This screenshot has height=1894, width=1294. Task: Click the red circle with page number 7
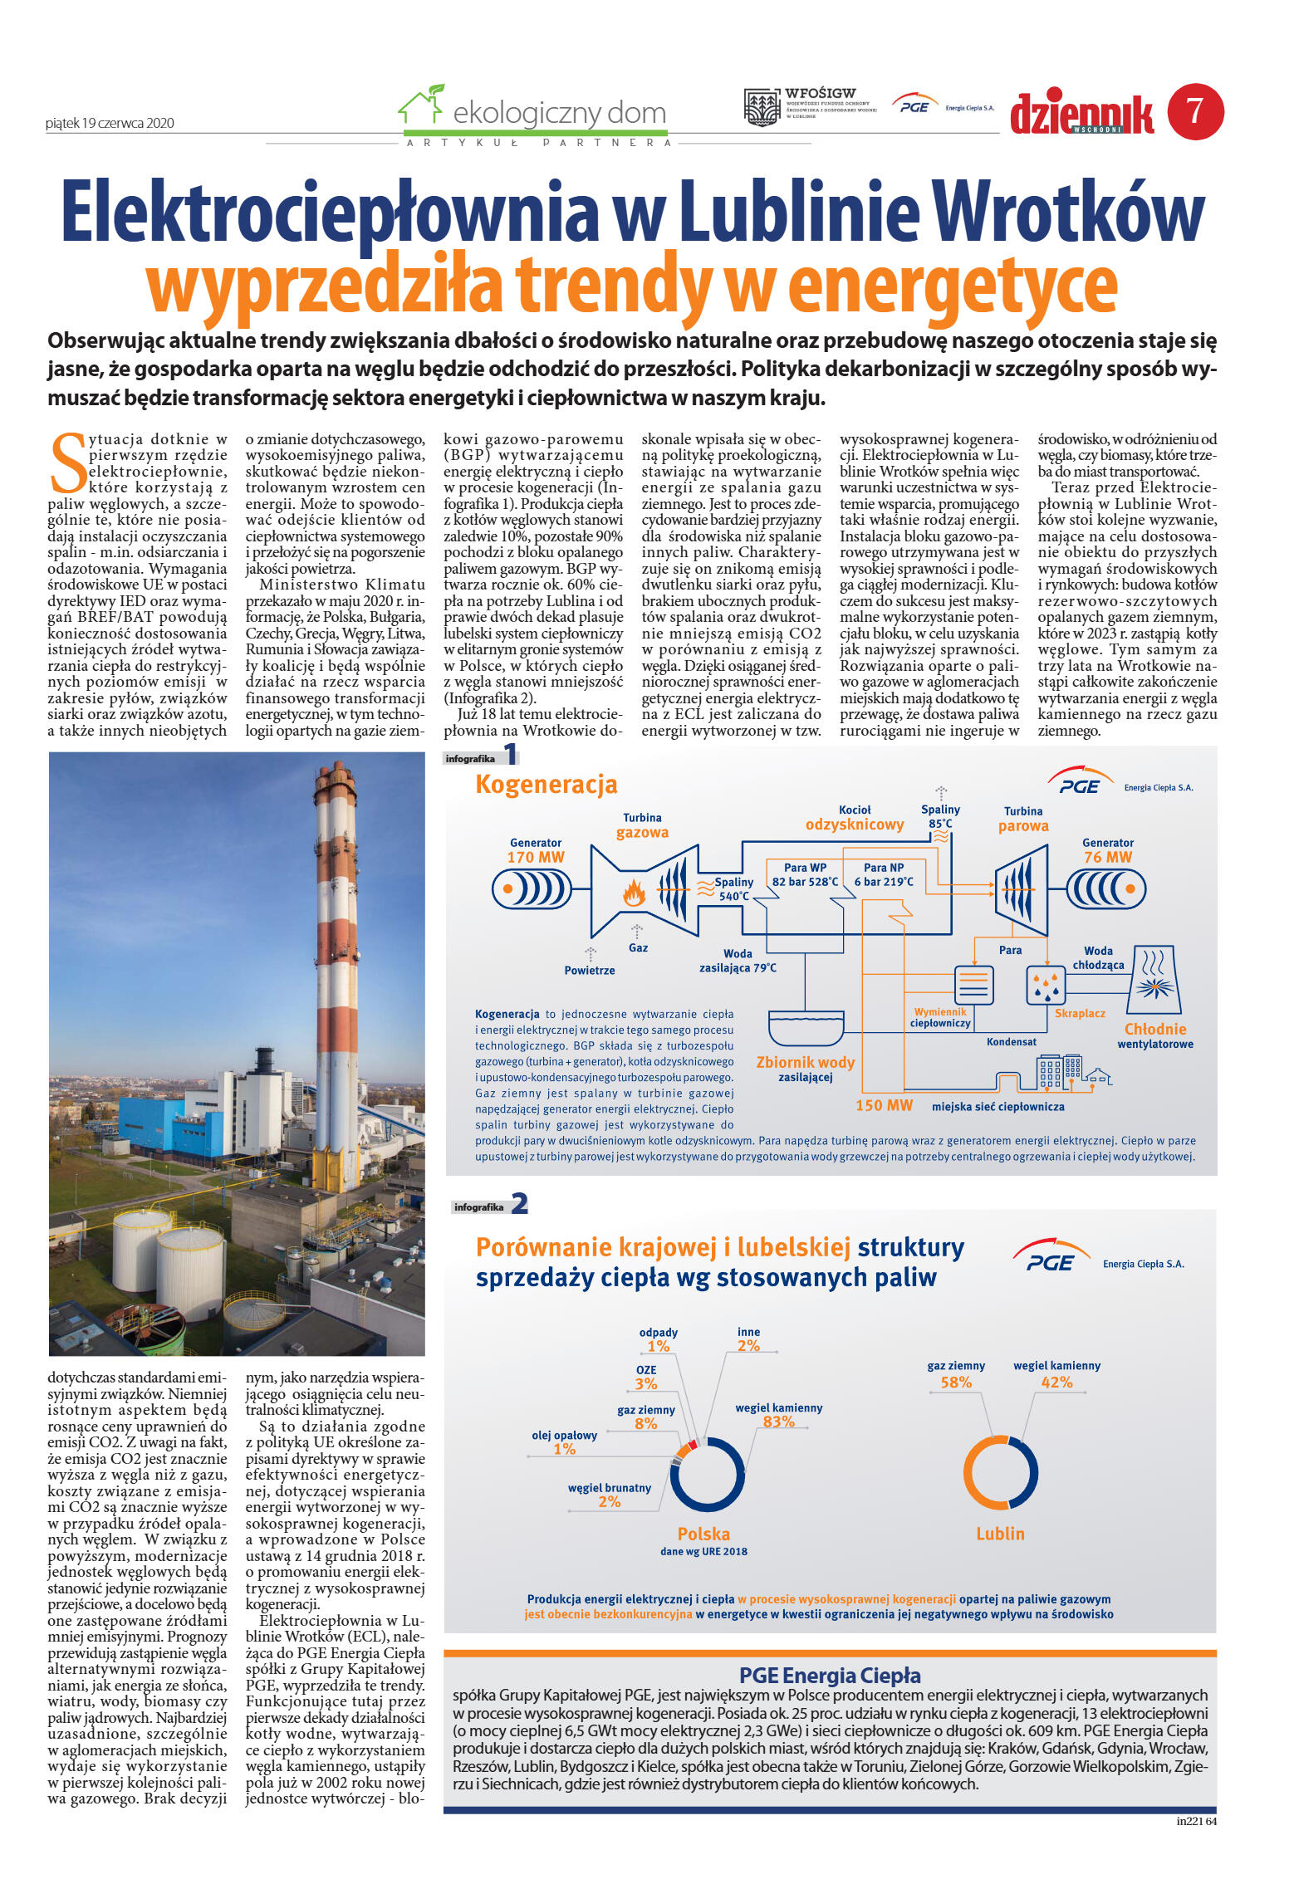click(x=1194, y=111)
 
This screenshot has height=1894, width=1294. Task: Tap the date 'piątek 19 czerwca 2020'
click(x=110, y=123)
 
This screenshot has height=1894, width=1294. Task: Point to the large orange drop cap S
click(x=67, y=462)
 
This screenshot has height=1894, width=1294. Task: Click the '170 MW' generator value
click(x=535, y=857)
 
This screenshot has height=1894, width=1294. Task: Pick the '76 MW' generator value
click(x=1107, y=857)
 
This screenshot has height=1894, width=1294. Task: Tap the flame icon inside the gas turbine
click(x=635, y=893)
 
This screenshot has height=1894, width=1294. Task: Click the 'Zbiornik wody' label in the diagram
click(x=805, y=1063)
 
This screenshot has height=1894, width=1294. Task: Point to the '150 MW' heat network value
click(x=884, y=1106)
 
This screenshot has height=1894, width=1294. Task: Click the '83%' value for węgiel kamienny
click(x=778, y=1422)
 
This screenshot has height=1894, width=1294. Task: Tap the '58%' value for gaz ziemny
click(x=956, y=1383)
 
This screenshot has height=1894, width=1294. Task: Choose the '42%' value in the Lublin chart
click(x=1056, y=1383)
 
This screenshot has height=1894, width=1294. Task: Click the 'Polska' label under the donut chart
click(x=703, y=1534)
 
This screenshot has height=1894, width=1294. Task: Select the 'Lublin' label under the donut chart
click(x=1000, y=1534)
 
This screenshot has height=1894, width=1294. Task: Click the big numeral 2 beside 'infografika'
click(x=519, y=1203)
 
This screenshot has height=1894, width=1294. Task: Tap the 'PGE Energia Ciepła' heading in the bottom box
click(x=830, y=1676)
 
